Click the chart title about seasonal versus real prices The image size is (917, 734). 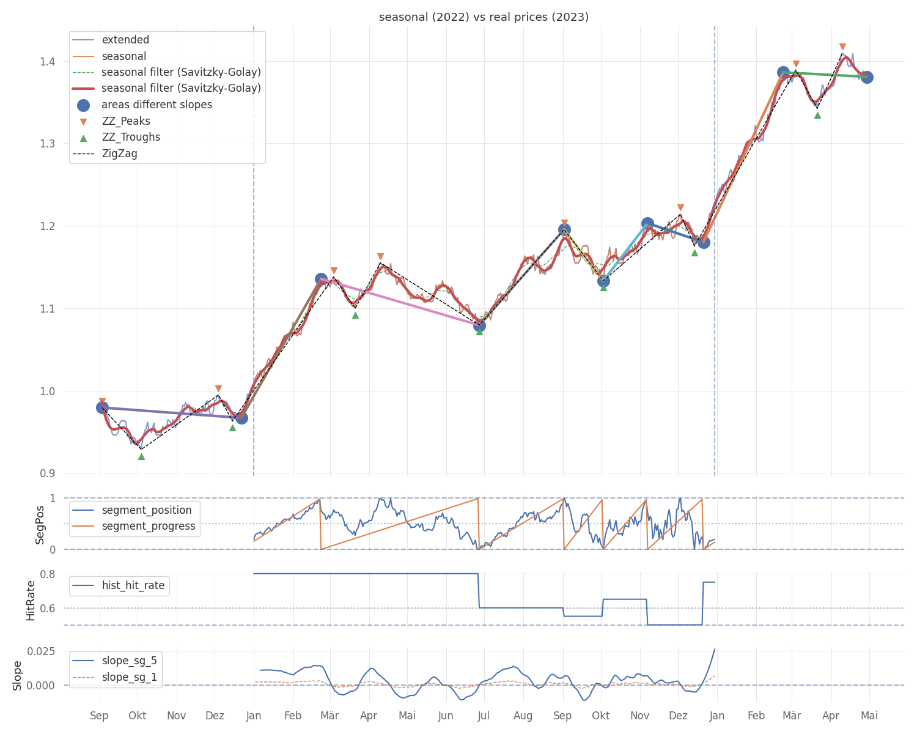(x=484, y=17)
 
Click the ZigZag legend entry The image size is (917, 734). (x=105, y=154)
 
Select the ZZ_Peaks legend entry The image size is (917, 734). (x=111, y=121)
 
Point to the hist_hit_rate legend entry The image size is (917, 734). (x=119, y=585)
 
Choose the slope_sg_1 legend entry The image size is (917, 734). (x=115, y=677)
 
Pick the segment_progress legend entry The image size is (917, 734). (x=134, y=526)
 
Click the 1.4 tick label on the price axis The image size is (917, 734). (x=48, y=62)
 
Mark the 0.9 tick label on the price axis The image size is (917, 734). (x=48, y=473)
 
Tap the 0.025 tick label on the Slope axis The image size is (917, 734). (x=42, y=651)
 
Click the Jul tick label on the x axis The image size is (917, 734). (x=484, y=716)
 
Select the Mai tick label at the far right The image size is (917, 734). (x=869, y=716)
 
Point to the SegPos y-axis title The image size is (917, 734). (x=40, y=525)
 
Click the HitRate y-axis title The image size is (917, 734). (x=31, y=601)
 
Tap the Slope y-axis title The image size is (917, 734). (x=17, y=676)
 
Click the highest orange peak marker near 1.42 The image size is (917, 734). (x=842, y=47)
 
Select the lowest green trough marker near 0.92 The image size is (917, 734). (x=141, y=457)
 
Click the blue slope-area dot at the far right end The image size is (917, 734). (x=867, y=77)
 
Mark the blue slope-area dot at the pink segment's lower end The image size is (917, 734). (x=479, y=326)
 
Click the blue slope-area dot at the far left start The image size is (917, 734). (x=102, y=408)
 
